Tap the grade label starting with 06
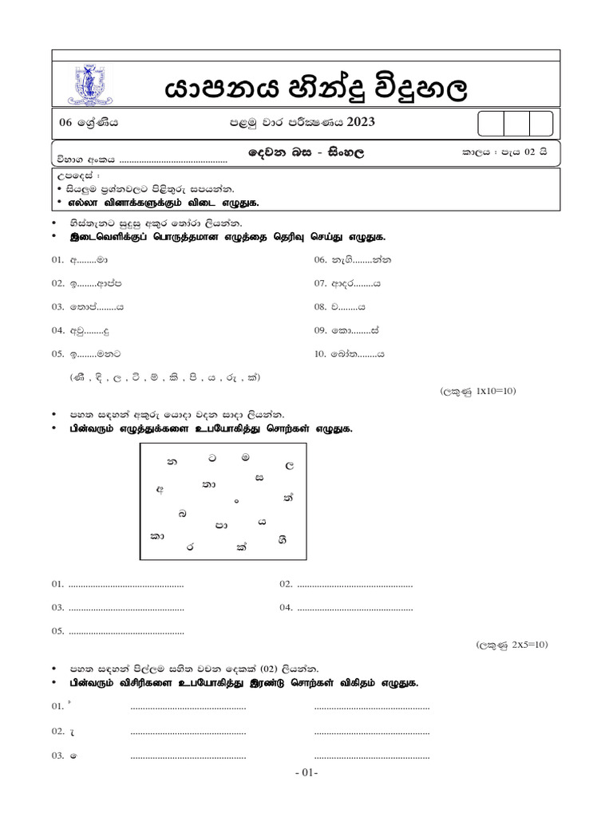point(88,123)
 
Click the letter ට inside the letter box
point(212,460)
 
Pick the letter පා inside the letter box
point(221,525)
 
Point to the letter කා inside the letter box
point(157,536)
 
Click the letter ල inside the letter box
point(290,464)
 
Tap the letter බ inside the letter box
point(184,514)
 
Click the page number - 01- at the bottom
point(306,773)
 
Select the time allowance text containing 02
point(504,151)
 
